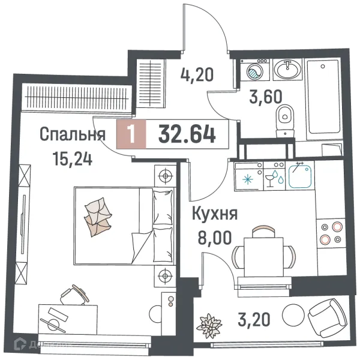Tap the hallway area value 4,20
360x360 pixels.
tap(197, 76)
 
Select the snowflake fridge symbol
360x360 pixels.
tap(245, 178)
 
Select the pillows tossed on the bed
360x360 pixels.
tap(97, 215)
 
